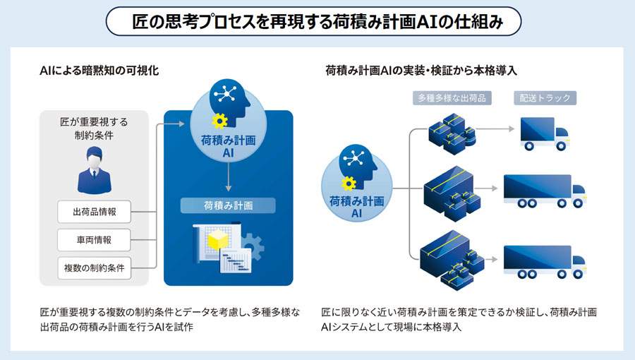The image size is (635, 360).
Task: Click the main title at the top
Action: pyautogui.click(x=317, y=21)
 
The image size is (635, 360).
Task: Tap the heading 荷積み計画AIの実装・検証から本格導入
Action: pyautogui.click(x=421, y=71)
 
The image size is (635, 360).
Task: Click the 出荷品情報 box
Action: pyautogui.click(x=95, y=211)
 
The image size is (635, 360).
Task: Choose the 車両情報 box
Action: pyautogui.click(x=95, y=239)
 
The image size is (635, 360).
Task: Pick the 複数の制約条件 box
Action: pyautogui.click(x=95, y=268)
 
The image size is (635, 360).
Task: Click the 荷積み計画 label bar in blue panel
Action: pyautogui.click(x=228, y=206)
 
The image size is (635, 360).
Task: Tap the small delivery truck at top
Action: pyautogui.click(x=543, y=133)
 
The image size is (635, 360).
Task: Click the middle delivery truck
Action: pyautogui.click(x=544, y=191)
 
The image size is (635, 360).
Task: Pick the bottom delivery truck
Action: pyautogui.click(x=544, y=261)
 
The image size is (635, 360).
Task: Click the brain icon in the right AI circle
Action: pyautogui.click(x=357, y=164)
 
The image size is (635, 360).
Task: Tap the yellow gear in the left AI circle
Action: pyautogui.click(x=219, y=120)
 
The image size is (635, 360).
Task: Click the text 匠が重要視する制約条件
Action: pyautogui.click(x=94, y=128)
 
